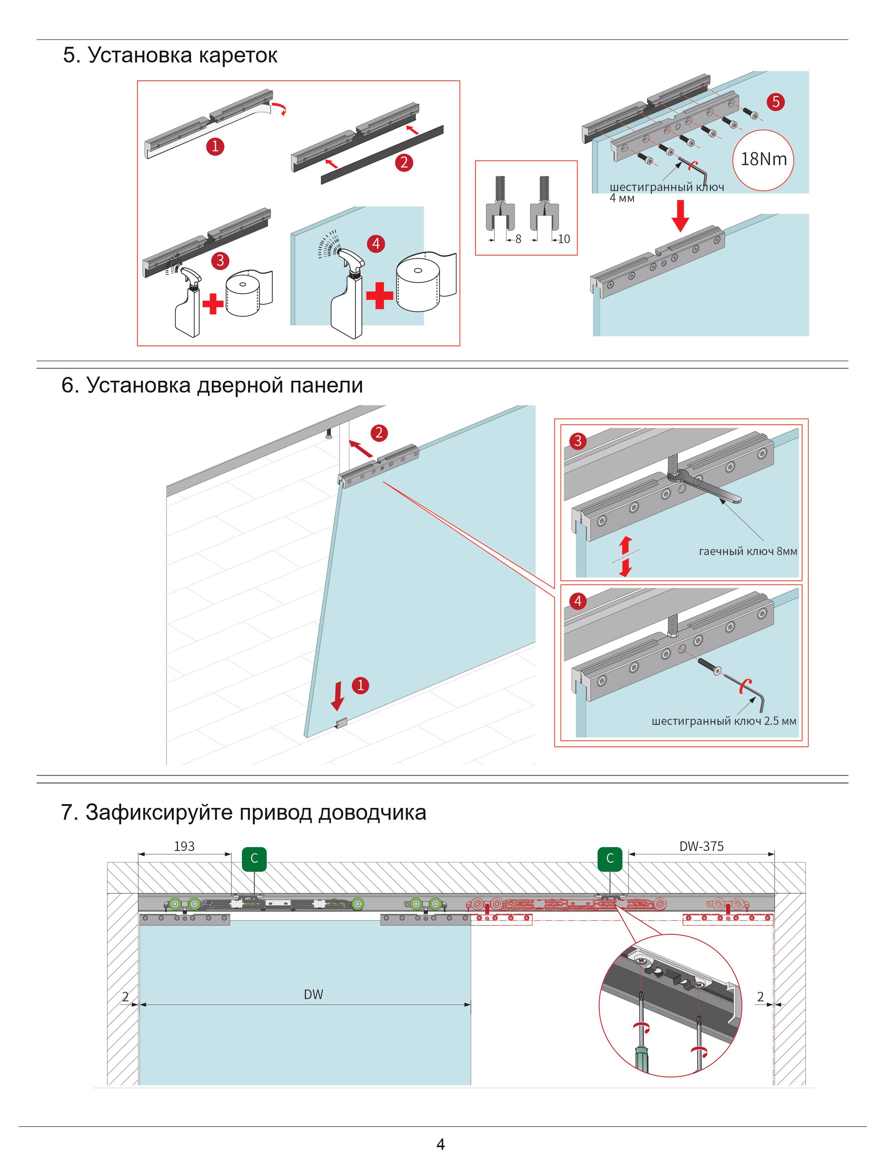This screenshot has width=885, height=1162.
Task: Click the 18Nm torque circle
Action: click(763, 160)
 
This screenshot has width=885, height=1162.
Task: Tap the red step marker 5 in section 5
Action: click(775, 102)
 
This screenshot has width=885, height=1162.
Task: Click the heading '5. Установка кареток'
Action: click(170, 55)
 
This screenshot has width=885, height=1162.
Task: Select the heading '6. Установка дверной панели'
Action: click(212, 385)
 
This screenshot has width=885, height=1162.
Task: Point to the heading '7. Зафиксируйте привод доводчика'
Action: click(243, 812)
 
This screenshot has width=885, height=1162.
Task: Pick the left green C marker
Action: click(254, 859)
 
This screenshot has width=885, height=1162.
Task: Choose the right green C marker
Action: click(610, 859)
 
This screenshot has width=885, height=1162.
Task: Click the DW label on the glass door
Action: click(314, 994)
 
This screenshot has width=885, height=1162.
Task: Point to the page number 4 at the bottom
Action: click(441, 1144)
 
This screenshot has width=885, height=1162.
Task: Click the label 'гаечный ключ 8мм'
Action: click(747, 552)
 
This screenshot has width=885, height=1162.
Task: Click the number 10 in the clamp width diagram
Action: click(564, 239)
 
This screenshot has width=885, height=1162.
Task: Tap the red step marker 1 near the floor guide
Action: click(360, 686)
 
